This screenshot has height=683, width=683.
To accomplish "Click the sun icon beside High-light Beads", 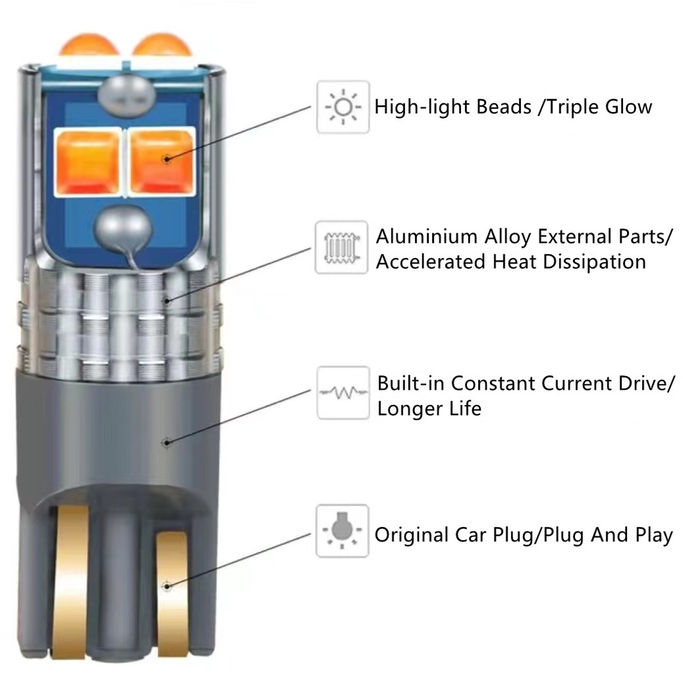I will (342, 107).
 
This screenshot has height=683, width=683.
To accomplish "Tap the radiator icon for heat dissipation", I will (341, 247).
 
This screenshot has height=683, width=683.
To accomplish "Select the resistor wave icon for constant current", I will (342, 393).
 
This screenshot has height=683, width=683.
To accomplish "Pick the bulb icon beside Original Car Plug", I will (342, 531).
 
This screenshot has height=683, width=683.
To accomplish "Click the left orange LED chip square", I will (89, 162).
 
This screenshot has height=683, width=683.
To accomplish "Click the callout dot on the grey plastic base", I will (167, 441).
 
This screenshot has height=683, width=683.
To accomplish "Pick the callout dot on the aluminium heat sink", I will (168, 300).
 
